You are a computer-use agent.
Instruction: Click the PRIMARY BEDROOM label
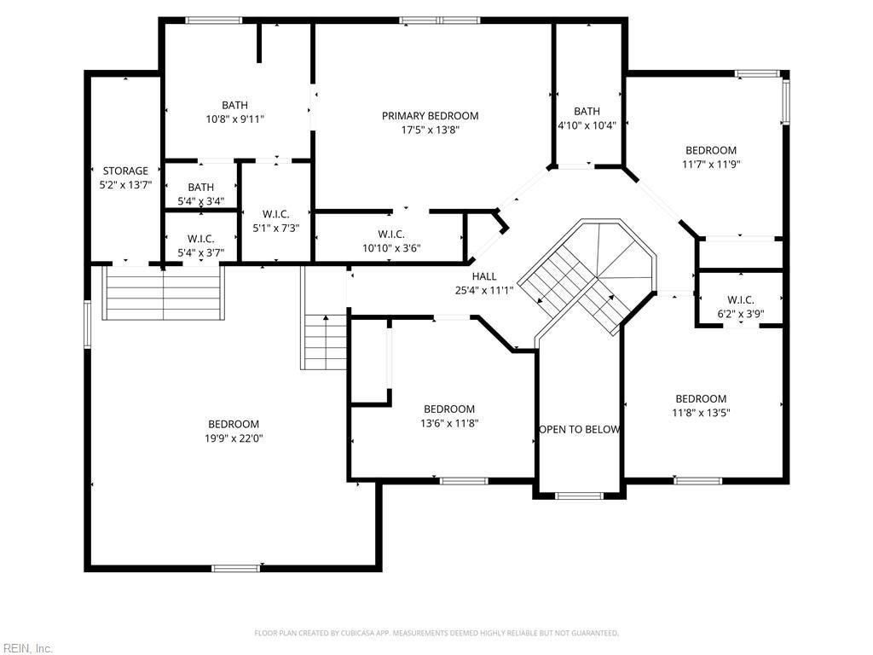pos(430,116)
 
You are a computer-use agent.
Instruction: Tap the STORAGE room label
pos(125,171)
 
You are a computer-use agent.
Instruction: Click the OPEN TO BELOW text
pos(579,429)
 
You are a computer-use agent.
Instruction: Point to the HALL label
pos(483,276)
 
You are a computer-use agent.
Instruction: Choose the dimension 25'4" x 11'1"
pos(483,290)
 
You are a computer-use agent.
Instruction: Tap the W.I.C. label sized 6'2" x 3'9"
pos(740,300)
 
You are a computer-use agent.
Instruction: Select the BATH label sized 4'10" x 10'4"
pos(587,112)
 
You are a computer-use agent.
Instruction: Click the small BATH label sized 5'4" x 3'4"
pos(200,188)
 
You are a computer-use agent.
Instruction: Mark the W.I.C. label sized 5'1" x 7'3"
pos(275,215)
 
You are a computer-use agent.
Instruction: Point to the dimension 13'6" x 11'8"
pos(449,423)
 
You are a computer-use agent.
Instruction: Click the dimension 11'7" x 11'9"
pos(710,165)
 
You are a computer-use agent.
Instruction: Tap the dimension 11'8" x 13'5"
pos(701,413)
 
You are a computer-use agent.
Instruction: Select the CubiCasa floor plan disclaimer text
pos(436,633)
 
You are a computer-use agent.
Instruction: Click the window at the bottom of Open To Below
pos(579,495)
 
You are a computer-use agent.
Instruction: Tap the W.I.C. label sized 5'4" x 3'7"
pos(200,239)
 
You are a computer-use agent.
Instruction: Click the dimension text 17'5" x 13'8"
pos(430,130)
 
